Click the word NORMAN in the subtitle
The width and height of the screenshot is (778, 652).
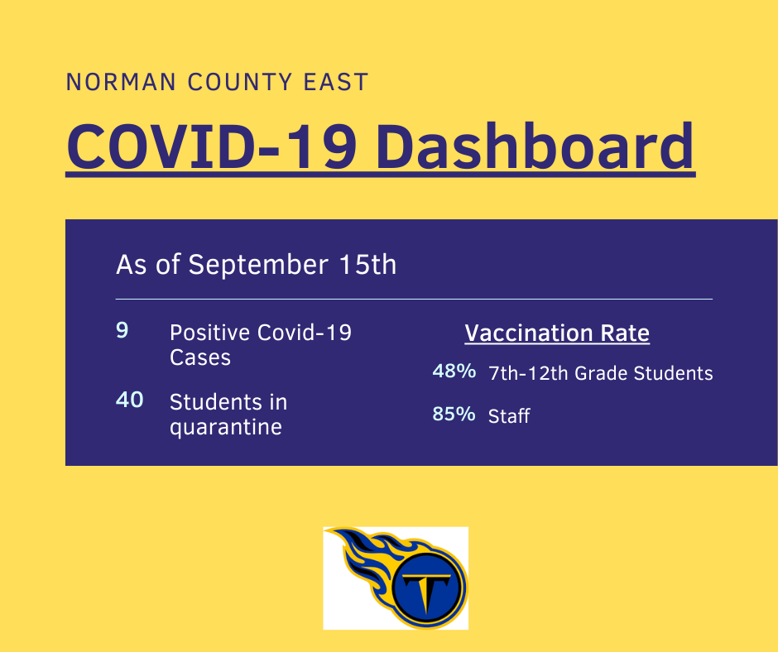(x=121, y=82)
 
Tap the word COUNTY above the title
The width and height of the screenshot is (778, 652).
(x=240, y=82)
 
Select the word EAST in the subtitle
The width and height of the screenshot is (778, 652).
(x=336, y=82)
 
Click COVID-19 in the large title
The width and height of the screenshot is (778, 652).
(x=212, y=147)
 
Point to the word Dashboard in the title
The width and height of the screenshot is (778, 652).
(x=535, y=147)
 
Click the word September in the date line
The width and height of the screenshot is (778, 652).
(x=258, y=265)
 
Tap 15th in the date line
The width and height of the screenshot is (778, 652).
(x=367, y=264)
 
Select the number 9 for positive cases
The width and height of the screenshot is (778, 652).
(x=122, y=330)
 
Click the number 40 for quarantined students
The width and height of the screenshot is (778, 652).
(x=129, y=400)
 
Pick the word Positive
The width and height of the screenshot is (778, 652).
(x=210, y=333)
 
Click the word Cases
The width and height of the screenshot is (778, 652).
(x=200, y=357)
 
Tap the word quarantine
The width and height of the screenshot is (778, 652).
(x=226, y=427)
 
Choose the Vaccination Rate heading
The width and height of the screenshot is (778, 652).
(x=557, y=333)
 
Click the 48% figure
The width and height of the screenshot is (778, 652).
(x=454, y=371)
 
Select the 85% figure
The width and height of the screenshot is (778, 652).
(x=454, y=414)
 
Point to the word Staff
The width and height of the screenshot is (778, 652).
(x=509, y=416)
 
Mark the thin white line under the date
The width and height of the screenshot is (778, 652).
(x=414, y=300)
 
